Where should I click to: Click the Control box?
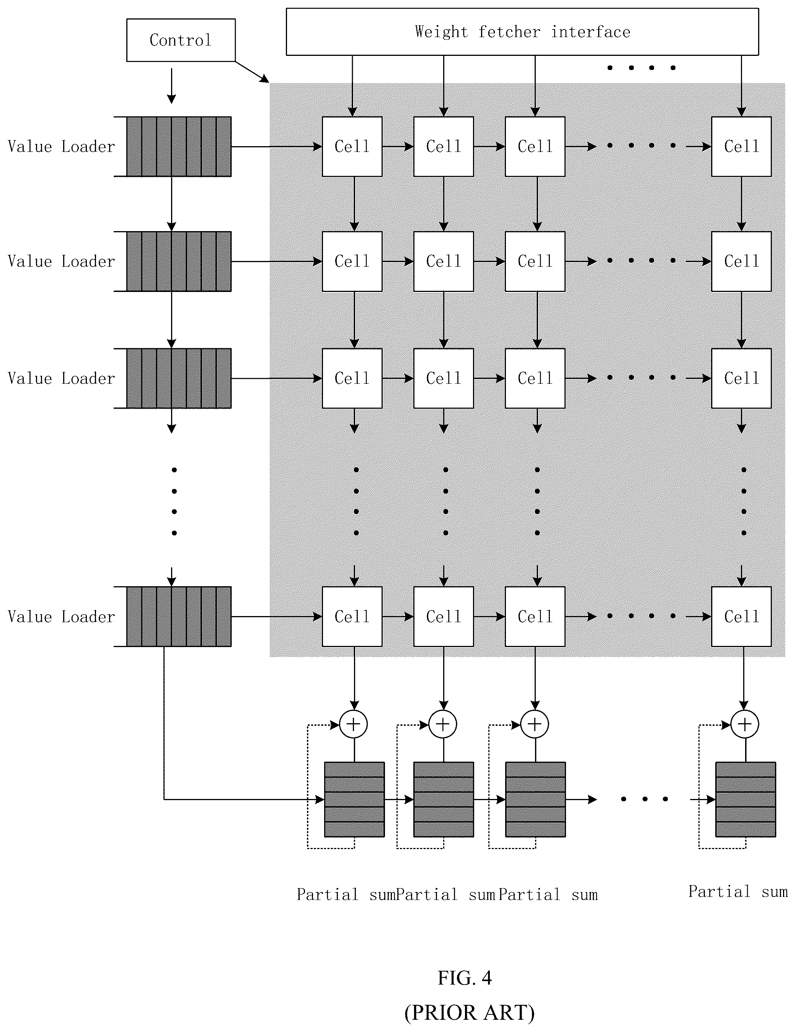(x=181, y=40)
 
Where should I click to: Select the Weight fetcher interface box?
(x=522, y=32)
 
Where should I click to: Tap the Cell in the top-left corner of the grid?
(x=352, y=147)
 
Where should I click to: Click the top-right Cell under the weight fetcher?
(x=741, y=147)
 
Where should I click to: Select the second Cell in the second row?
(x=444, y=261)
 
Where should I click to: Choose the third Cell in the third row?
(x=535, y=378)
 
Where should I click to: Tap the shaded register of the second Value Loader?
(x=179, y=261)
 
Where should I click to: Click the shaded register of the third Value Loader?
(x=179, y=378)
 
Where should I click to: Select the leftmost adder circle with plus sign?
(x=354, y=724)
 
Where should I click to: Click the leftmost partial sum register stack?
(x=354, y=799)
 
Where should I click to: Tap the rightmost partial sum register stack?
(x=745, y=799)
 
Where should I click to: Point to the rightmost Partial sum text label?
(x=738, y=892)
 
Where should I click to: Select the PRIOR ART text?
(x=470, y=1012)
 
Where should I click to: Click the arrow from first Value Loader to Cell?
(x=277, y=147)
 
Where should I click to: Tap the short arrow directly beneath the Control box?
(x=171, y=86)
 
